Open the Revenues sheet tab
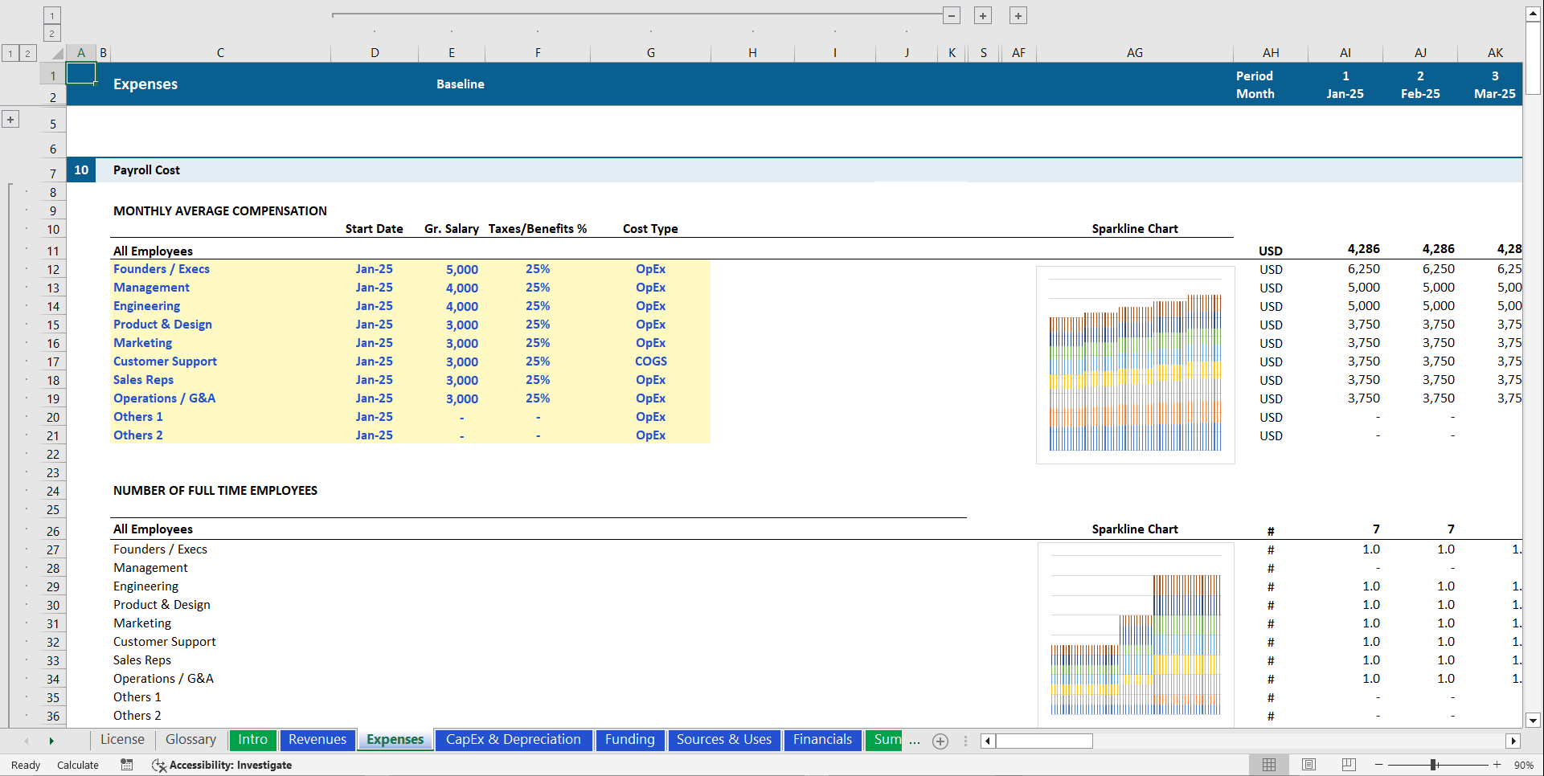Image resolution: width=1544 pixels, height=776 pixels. tap(317, 740)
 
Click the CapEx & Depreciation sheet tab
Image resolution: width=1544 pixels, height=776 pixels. tap(513, 740)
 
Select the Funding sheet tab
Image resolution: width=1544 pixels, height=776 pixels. tap(629, 740)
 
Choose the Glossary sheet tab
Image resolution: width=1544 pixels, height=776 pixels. tap(190, 740)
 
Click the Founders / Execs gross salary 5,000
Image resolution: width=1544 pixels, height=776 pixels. tap(462, 270)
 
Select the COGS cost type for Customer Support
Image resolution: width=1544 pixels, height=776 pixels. tap(650, 361)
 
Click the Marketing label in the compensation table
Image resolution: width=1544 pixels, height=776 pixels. tap(142, 343)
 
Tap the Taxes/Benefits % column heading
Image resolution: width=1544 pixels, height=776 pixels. tap(537, 229)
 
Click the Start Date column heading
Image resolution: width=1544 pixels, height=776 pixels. tap(374, 229)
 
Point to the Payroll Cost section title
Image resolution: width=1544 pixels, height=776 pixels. tap(146, 170)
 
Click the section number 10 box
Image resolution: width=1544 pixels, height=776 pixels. tap(81, 170)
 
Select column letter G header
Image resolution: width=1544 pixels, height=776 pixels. tap(650, 53)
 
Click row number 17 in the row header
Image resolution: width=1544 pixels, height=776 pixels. tap(53, 362)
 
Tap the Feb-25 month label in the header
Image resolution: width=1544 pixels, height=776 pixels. tap(1419, 94)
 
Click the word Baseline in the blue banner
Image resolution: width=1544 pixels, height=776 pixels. tap(460, 84)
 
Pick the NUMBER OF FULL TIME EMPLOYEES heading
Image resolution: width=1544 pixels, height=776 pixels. tap(215, 491)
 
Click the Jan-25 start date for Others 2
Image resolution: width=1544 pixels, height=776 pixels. tap(374, 435)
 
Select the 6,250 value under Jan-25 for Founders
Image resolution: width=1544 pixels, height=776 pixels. tap(1363, 269)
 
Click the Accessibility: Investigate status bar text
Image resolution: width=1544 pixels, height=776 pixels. tap(230, 766)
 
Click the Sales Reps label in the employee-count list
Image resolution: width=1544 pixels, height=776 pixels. tap(141, 660)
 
